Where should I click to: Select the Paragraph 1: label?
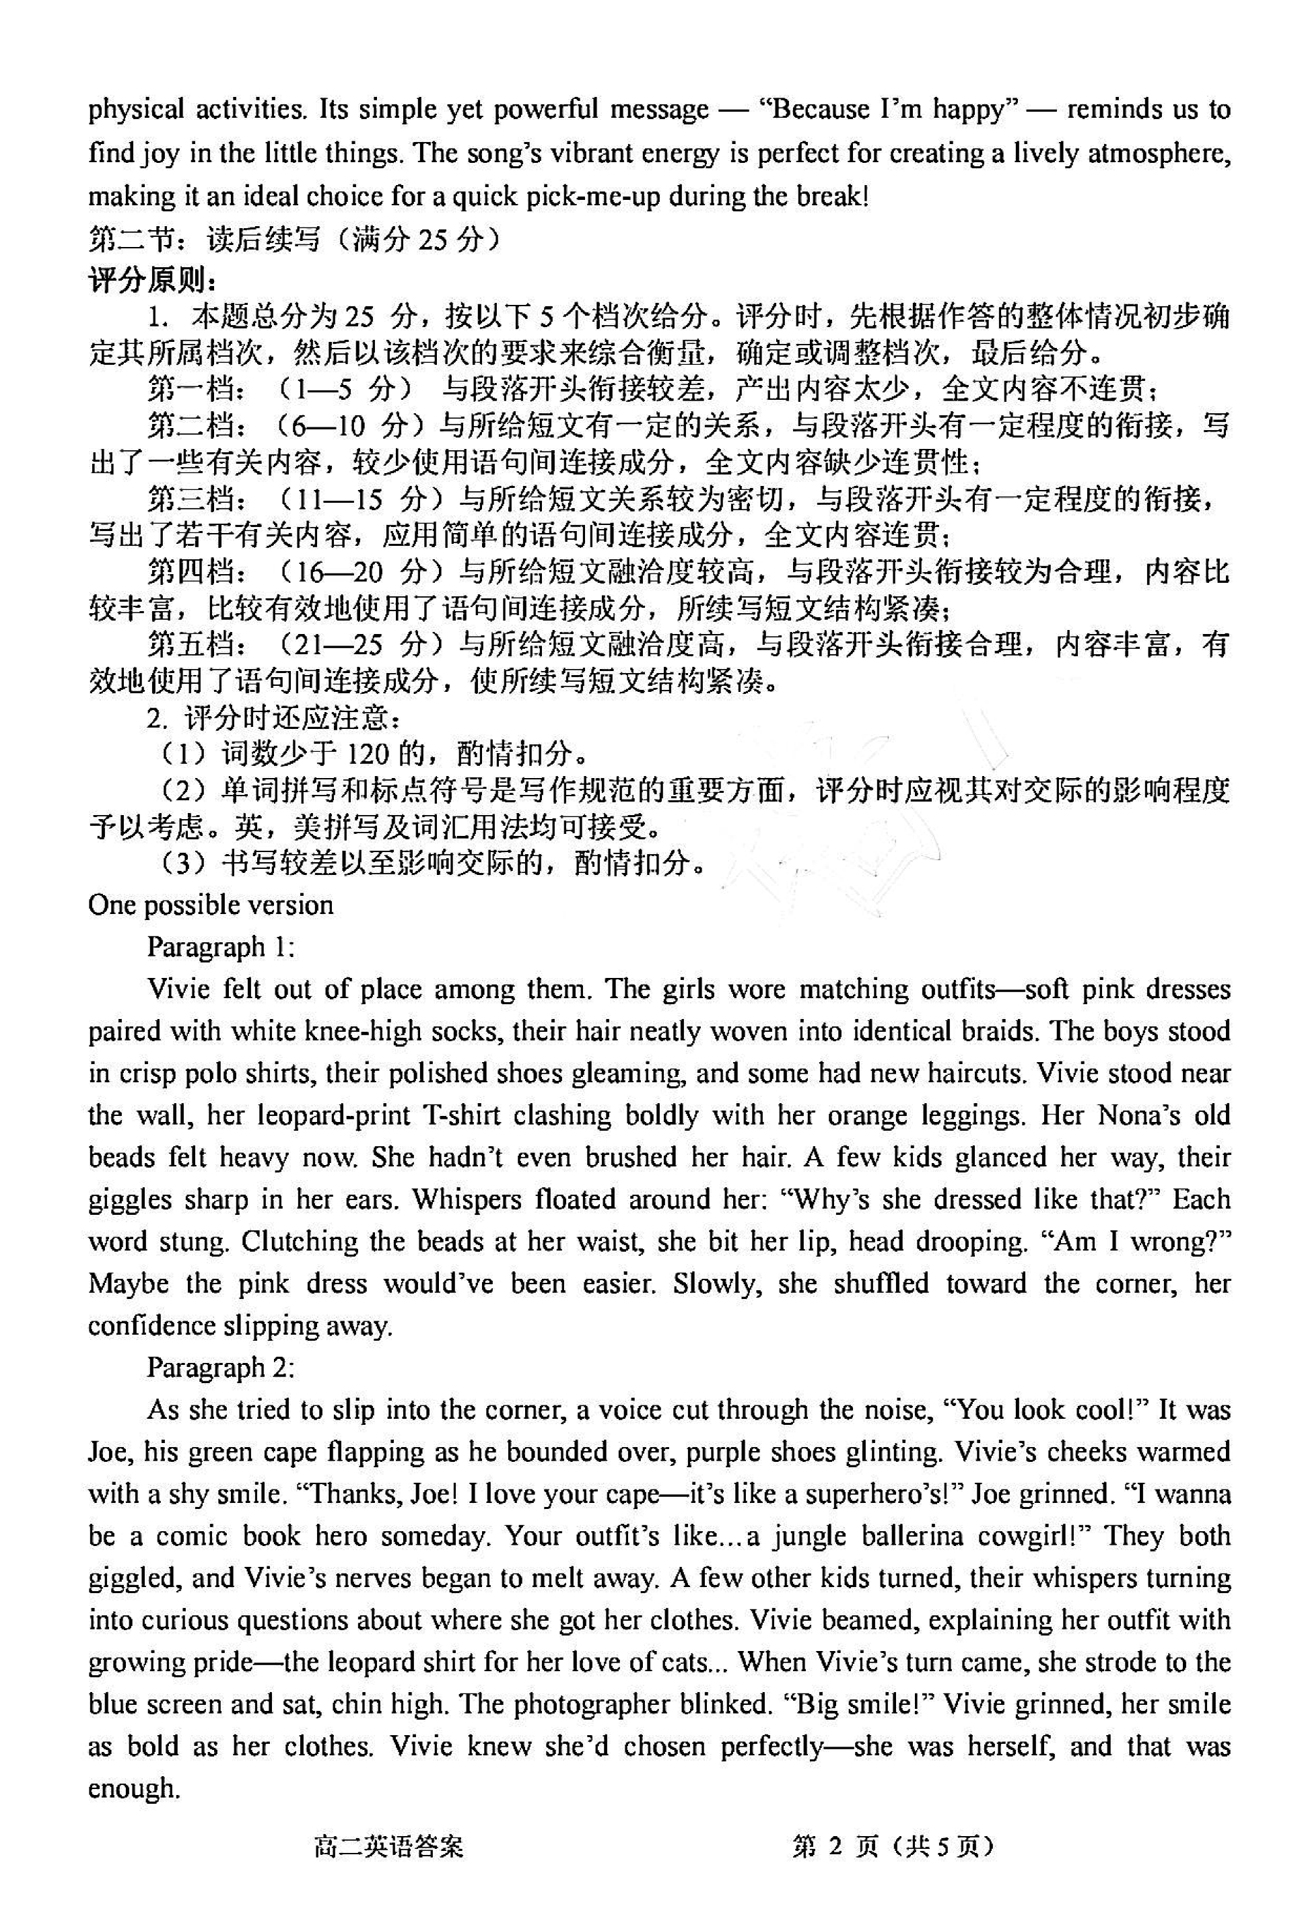[x=221, y=946]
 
